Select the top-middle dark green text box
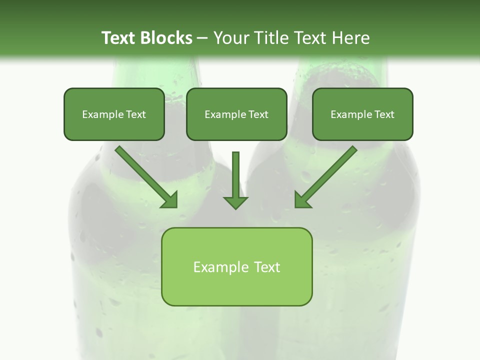(x=236, y=128)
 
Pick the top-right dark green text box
(x=362, y=128)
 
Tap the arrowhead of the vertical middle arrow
(x=235, y=203)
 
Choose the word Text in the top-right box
(x=384, y=114)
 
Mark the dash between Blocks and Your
(x=202, y=38)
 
